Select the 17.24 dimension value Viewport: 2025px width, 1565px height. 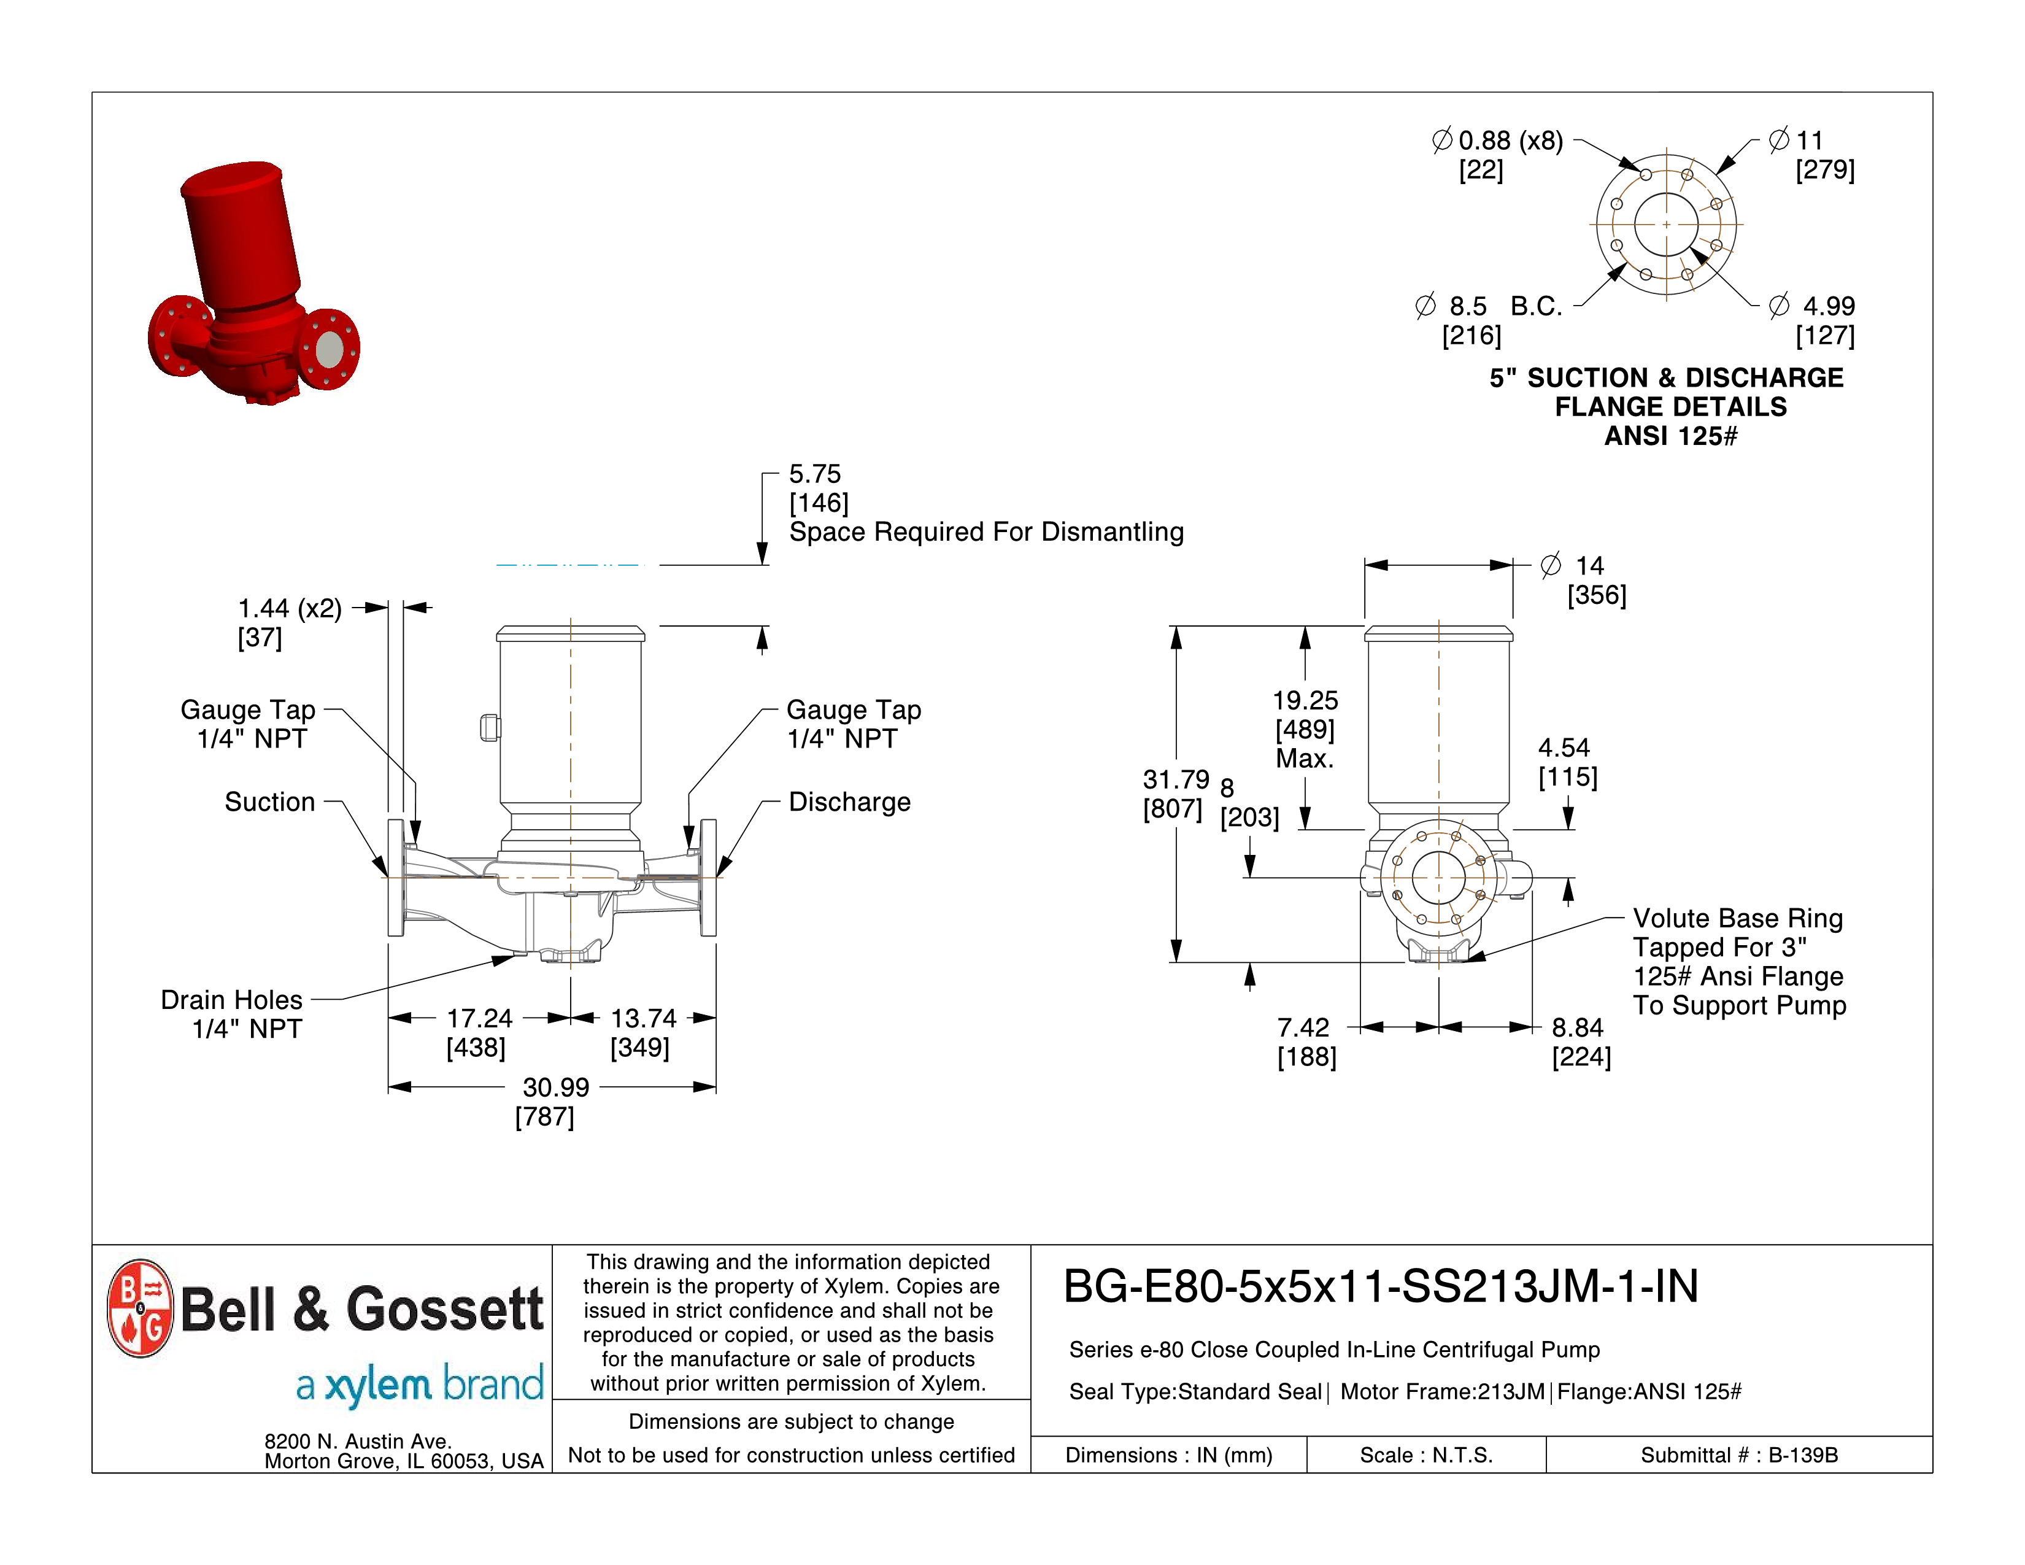tap(479, 1019)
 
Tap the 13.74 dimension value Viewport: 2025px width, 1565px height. tap(644, 1019)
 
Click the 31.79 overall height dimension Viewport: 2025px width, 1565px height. tap(1176, 779)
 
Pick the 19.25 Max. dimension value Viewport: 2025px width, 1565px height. tap(1305, 701)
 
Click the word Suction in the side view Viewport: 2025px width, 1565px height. tap(270, 802)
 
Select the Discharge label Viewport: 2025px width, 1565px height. tap(849, 802)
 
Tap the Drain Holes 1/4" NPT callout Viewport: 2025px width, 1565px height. tap(232, 1013)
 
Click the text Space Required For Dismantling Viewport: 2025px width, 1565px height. tap(985, 532)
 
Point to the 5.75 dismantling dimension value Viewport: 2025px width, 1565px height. tap(814, 474)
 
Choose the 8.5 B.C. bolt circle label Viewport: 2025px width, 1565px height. tap(1489, 306)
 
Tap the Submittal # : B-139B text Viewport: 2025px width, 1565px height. tap(1738, 1455)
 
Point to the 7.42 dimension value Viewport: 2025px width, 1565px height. tap(1303, 1027)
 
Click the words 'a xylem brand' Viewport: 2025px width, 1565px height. tap(419, 1384)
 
